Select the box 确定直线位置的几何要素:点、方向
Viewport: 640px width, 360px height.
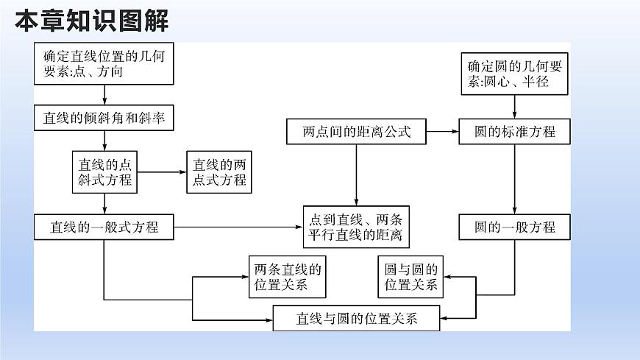tap(104, 63)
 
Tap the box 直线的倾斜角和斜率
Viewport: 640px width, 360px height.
tap(104, 118)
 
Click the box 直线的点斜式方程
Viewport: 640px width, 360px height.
tap(104, 172)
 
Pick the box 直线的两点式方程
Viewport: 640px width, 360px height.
tap(218, 172)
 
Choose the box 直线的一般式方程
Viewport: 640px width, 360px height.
tap(104, 227)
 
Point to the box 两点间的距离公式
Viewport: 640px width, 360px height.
tap(355, 133)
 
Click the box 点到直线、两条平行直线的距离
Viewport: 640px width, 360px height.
tap(356, 227)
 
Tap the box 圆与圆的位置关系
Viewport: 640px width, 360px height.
tap(412, 278)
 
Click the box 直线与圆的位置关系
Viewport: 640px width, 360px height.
tap(357, 319)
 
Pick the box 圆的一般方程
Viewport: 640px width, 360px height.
tap(515, 227)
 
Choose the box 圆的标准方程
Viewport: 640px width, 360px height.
tap(515, 133)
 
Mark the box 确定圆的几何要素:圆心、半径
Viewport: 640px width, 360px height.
tap(515, 74)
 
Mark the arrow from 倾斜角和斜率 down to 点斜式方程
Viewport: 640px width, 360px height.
tap(104, 141)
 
